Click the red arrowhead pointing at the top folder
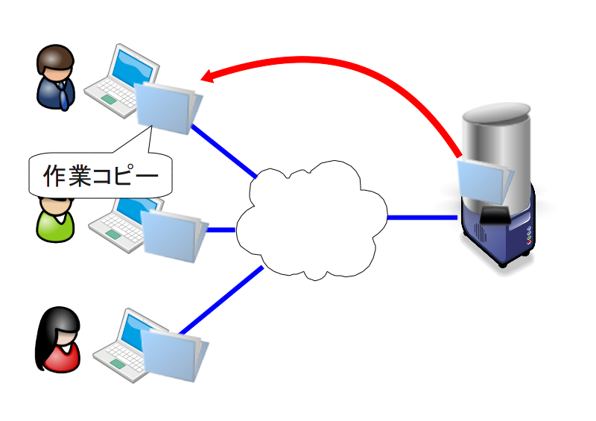pyautogui.click(x=208, y=76)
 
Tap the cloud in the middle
pyautogui.click(x=311, y=221)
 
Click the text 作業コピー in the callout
pyautogui.click(x=101, y=175)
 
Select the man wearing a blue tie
pyautogui.click(x=55, y=77)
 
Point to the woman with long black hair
pyautogui.click(x=58, y=339)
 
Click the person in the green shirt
pyautogui.click(x=55, y=220)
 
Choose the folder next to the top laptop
pyautogui.click(x=168, y=108)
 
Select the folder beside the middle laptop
pyautogui.click(x=174, y=235)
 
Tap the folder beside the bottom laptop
pyautogui.click(x=174, y=355)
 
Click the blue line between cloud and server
pyautogui.click(x=422, y=218)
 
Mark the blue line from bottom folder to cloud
pyautogui.click(x=221, y=300)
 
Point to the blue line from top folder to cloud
pyautogui.click(x=224, y=151)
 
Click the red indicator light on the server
pyautogui.click(x=528, y=242)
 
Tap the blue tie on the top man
pyautogui.click(x=63, y=95)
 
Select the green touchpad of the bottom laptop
pyautogui.click(x=118, y=364)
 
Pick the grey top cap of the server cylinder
pyautogui.click(x=496, y=113)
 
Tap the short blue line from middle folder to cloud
pyautogui.click(x=221, y=230)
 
